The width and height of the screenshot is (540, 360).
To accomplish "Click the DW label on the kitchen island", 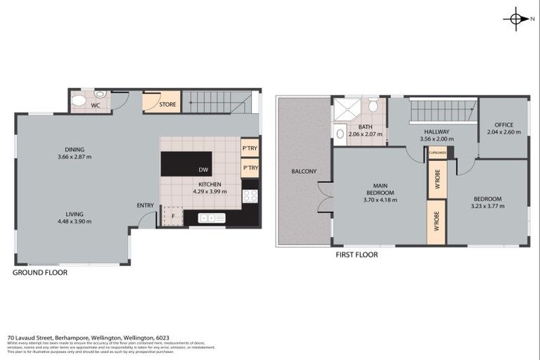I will (203, 170).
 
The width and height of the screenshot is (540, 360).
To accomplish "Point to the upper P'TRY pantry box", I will (250, 148).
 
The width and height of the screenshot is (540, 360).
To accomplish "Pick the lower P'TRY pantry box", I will (250, 169).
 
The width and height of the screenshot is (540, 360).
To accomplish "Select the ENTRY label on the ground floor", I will (146, 205).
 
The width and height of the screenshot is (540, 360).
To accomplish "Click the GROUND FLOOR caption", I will (41, 272).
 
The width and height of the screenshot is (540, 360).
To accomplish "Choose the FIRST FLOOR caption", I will (356, 255).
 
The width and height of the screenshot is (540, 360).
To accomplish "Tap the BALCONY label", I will (304, 172).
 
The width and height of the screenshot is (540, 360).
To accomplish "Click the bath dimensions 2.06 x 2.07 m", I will (366, 134).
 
